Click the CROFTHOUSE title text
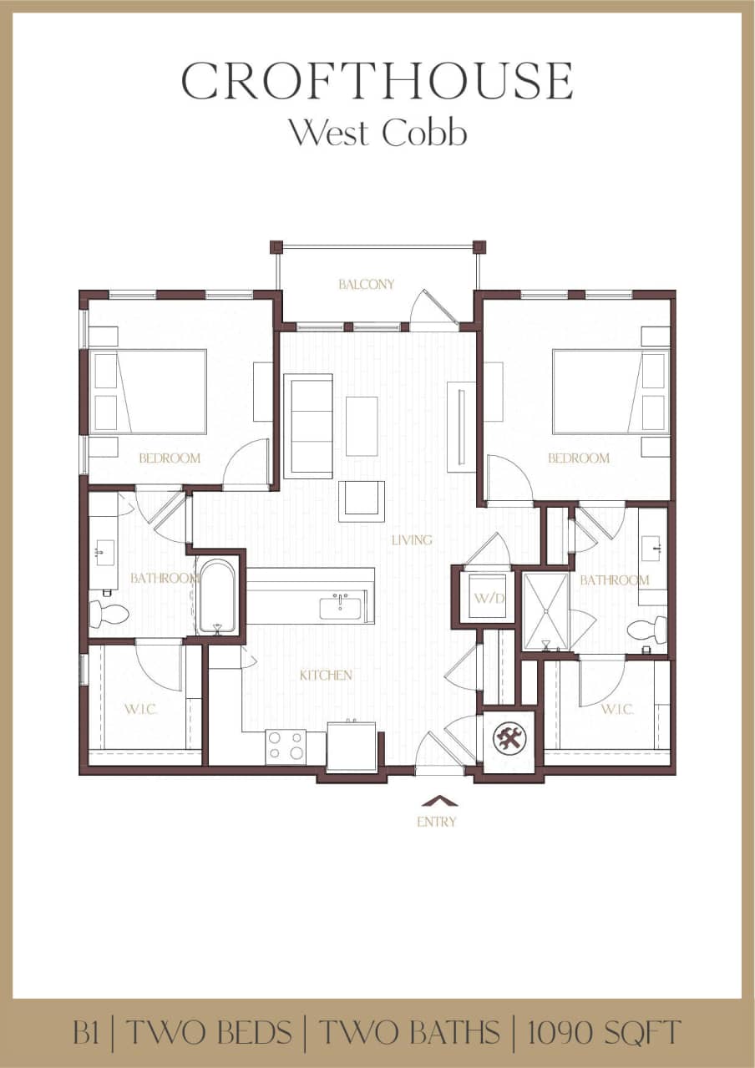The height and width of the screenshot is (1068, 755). pos(377,81)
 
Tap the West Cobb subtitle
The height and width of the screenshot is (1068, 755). pos(377,133)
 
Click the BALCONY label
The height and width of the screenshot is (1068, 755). pos(366,285)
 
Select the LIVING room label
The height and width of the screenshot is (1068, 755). pos(412,540)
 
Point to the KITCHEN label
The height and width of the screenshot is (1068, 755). pos(326,675)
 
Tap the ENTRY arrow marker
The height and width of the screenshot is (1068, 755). pos(437,801)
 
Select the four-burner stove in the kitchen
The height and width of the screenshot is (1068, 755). pos(286,746)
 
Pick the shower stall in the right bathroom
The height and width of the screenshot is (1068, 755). pos(545,610)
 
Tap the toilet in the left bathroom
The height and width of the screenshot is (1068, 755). pos(109,614)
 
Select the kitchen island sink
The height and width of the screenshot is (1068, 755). pos(341,607)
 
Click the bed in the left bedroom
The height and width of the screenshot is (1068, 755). pos(149,392)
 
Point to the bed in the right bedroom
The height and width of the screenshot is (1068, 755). pos(610,392)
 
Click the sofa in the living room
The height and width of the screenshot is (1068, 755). pos(308,426)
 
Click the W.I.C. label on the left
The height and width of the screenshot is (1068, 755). pos(141,709)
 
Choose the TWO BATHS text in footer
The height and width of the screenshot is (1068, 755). pos(410,1033)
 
